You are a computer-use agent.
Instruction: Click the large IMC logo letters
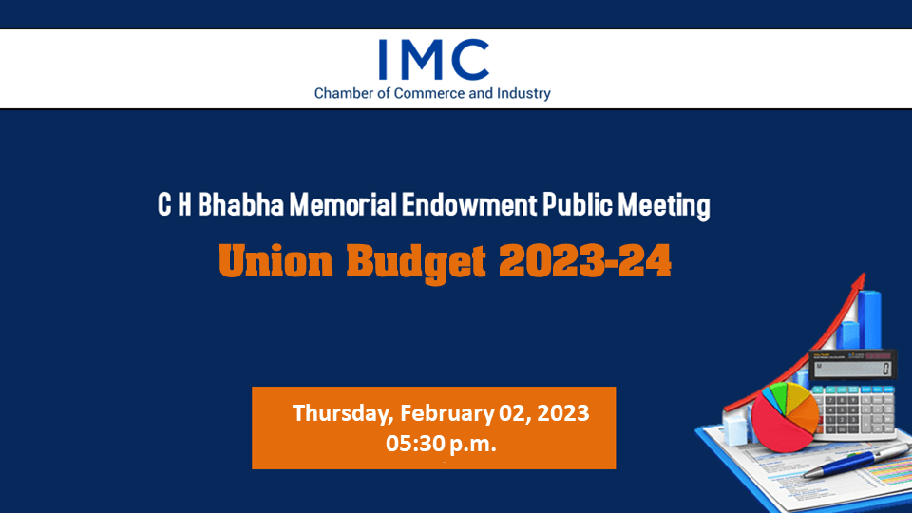pyautogui.click(x=433, y=59)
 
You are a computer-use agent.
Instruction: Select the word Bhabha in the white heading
pyautogui.click(x=240, y=205)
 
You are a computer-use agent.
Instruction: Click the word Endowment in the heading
pyautogui.click(x=469, y=205)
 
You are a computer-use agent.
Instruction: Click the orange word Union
pyautogui.click(x=275, y=260)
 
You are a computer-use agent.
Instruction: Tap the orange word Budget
pyautogui.click(x=416, y=263)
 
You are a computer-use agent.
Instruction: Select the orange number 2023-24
pyautogui.click(x=585, y=260)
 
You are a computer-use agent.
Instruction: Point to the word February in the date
pyautogui.click(x=446, y=413)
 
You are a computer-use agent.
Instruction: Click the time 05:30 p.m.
pyautogui.click(x=441, y=444)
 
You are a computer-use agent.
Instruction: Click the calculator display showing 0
pyautogui.click(x=853, y=368)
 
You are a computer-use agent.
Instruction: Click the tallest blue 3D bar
pyautogui.click(x=870, y=320)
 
